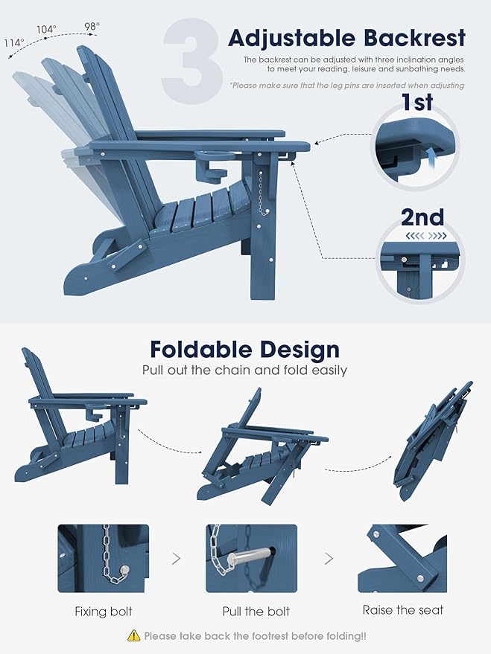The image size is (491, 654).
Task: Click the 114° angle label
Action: tap(15, 42)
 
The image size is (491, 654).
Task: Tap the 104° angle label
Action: tap(46, 29)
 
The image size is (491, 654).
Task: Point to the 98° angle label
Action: tap(92, 26)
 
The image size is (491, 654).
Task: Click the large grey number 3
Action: tap(192, 60)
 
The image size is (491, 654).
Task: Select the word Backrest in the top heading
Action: tap(414, 38)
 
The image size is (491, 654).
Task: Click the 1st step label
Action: tap(417, 102)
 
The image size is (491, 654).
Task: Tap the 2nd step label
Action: tap(422, 217)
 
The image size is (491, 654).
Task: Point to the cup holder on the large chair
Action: tap(212, 164)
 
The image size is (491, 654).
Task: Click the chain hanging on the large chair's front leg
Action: tap(262, 193)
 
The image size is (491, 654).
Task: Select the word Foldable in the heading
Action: tap(199, 350)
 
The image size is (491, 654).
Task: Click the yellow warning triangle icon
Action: tap(133, 635)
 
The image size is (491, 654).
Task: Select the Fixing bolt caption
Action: tap(104, 612)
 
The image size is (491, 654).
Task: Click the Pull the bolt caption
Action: tap(256, 612)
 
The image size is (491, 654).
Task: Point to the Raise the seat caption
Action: tap(403, 610)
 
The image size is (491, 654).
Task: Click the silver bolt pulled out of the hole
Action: tap(249, 557)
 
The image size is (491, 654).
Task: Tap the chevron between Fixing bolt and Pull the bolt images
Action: tap(177, 558)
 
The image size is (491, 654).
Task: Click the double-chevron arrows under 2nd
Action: tap(426, 236)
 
